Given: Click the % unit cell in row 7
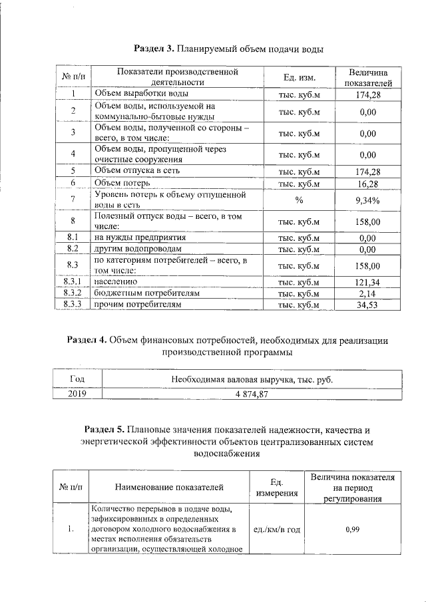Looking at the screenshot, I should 299,200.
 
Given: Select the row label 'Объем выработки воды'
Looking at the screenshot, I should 136,94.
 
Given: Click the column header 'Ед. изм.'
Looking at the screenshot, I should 299,77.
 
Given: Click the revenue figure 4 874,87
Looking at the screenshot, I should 251,393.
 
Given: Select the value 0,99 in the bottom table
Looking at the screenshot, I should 353,529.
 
